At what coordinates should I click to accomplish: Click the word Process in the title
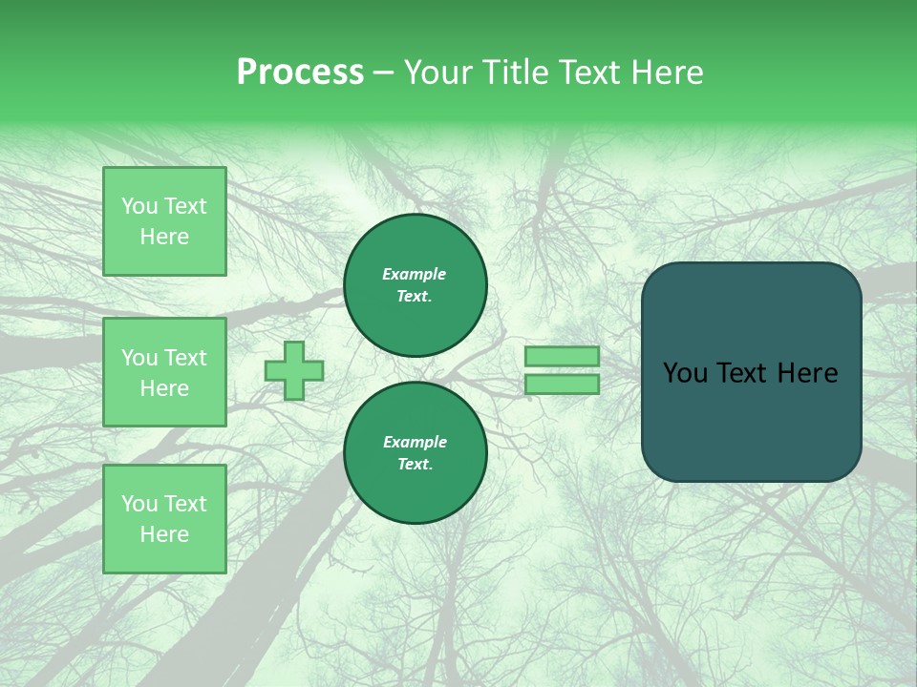(x=300, y=73)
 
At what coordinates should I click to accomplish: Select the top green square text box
(x=164, y=221)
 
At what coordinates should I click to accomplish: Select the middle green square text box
(x=164, y=372)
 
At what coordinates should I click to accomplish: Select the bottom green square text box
(x=164, y=518)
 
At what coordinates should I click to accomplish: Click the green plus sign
(x=294, y=370)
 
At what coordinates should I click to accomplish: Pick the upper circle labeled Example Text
(x=415, y=285)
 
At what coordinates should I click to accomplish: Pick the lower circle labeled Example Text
(x=415, y=453)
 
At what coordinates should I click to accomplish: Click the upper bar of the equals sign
(x=562, y=356)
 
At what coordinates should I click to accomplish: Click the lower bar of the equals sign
(x=562, y=384)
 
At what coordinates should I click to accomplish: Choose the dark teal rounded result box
(x=751, y=372)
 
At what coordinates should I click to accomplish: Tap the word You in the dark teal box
(x=684, y=373)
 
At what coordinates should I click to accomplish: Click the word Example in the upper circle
(x=414, y=274)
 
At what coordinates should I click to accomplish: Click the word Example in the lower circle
(x=415, y=442)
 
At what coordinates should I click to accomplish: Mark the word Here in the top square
(x=164, y=237)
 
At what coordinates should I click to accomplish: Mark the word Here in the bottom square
(x=164, y=534)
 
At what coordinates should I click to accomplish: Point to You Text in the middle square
(x=164, y=358)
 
